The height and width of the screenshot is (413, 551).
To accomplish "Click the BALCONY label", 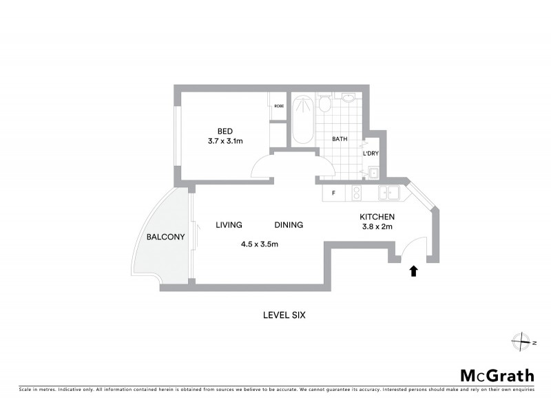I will point(166,237).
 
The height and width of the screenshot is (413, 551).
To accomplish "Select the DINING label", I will point(289,225).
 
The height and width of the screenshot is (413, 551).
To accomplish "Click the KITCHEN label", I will point(376,217).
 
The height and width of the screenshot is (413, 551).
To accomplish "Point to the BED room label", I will point(225,131).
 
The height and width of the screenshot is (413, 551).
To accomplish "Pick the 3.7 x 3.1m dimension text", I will point(225,141).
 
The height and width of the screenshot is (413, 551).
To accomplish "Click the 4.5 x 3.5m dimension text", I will point(259,244).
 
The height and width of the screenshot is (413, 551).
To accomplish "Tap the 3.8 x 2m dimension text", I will point(376,226).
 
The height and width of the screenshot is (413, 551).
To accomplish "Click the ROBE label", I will point(279,106).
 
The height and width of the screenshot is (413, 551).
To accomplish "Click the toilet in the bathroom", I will point(324,105).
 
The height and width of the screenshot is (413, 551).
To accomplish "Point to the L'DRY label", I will point(371,153).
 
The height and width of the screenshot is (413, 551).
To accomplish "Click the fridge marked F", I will point(333,193).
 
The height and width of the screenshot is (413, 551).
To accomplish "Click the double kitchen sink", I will point(390,193).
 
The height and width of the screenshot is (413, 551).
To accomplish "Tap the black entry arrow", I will point(413,271).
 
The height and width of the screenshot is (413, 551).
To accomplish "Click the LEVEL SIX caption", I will point(284,315).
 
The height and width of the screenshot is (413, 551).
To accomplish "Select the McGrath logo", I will point(497,375).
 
